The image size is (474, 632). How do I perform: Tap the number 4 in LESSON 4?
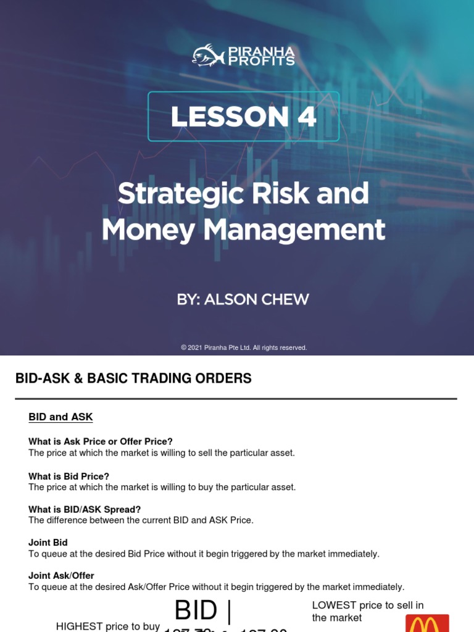point(306,117)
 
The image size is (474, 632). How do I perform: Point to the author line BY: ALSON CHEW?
point(243,300)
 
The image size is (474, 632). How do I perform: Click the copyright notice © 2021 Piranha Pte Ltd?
point(244,347)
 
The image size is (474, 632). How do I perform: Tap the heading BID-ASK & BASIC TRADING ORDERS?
point(133,378)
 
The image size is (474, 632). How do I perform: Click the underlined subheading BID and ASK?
point(60,417)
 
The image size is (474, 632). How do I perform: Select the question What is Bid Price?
point(69,476)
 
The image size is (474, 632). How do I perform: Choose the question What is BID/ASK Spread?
point(85,509)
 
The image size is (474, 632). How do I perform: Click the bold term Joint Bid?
point(48,543)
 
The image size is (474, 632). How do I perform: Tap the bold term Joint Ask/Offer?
point(61,575)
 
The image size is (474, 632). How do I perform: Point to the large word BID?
point(196,610)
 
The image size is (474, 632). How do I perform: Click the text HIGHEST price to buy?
point(108,626)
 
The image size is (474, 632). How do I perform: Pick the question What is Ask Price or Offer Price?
point(101,441)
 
